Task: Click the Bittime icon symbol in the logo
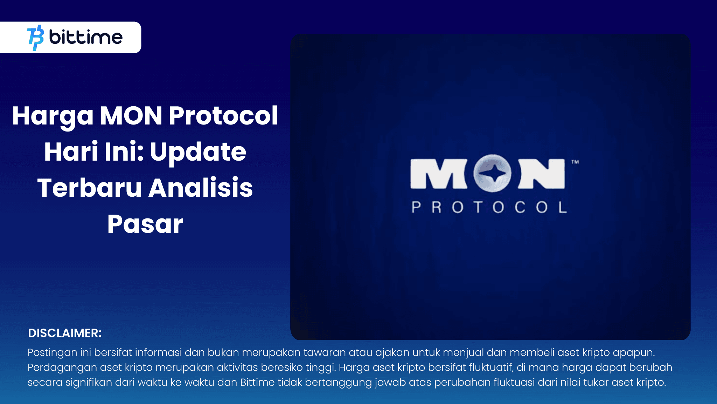point(35,38)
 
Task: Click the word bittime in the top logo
point(86,37)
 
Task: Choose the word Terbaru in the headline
point(89,188)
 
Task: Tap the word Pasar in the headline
point(145,224)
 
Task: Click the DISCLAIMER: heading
point(65,333)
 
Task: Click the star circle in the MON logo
point(492,173)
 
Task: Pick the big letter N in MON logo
point(542,174)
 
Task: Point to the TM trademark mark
point(575,162)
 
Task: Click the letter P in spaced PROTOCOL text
point(416,207)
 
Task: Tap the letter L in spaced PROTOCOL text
point(563,207)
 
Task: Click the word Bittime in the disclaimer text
point(257,382)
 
